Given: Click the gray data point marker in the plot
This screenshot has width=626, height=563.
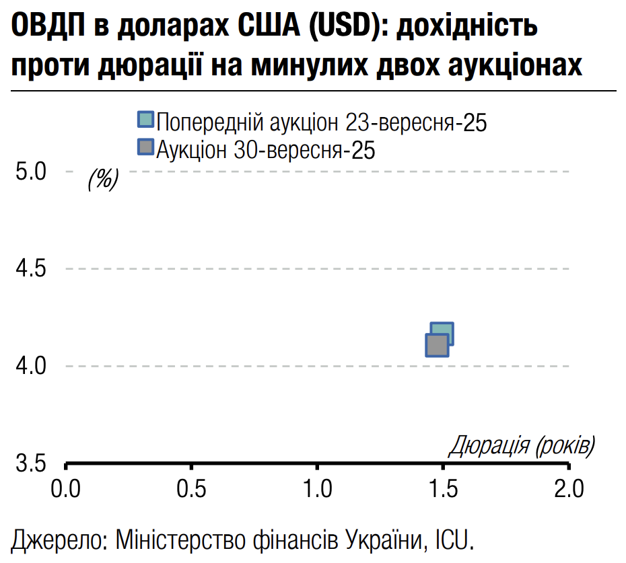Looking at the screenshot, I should tap(437, 345).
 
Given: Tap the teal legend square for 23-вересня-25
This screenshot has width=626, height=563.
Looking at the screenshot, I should tap(145, 120).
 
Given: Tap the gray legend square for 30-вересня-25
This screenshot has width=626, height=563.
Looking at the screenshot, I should tap(145, 147).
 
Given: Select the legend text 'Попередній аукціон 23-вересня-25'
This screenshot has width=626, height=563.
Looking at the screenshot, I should tap(321, 122).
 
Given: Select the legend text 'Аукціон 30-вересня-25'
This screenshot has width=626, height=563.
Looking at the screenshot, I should tap(265, 149).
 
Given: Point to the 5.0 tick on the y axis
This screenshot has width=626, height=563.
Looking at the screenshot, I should tap(30, 172).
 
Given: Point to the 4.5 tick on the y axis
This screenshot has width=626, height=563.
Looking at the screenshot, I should tap(30, 269).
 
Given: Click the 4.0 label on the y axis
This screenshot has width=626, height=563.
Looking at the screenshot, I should tap(30, 367).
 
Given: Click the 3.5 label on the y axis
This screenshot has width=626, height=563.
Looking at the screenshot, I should tap(30, 464).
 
